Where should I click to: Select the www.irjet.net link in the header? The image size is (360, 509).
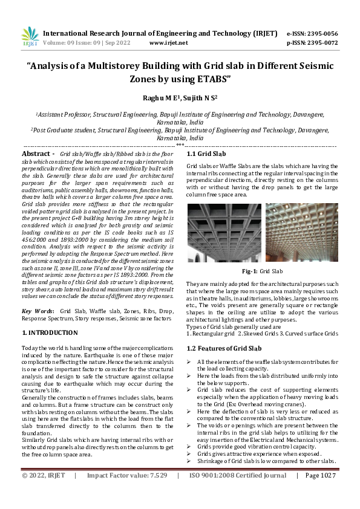click(x=168, y=43)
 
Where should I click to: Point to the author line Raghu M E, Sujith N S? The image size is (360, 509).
click(x=180, y=97)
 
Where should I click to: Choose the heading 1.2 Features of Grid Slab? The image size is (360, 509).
click(x=224, y=349)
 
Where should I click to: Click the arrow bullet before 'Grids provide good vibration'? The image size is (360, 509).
click(x=189, y=447)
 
